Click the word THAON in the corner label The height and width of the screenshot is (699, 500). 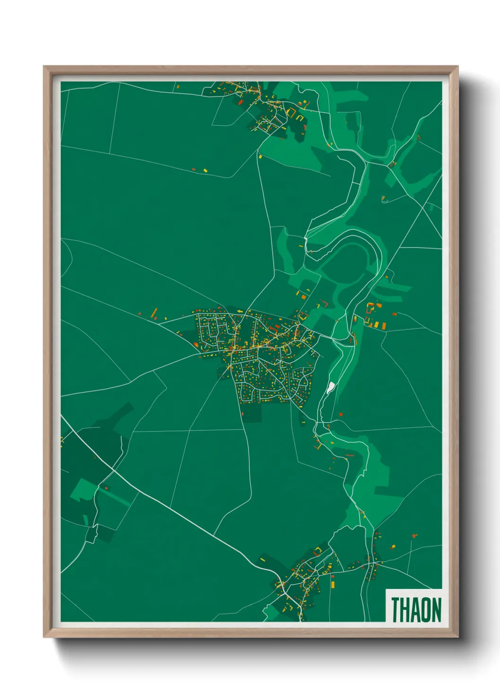click(x=416, y=610)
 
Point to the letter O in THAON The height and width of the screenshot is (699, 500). click(x=424, y=610)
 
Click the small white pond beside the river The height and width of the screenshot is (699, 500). click(x=330, y=388)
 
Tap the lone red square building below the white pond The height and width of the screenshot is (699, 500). click(x=341, y=415)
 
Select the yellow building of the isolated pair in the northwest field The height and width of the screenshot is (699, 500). click(x=205, y=170)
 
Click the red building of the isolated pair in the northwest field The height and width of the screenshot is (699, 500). click(x=193, y=169)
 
